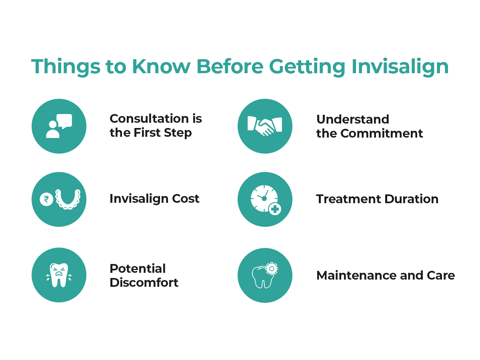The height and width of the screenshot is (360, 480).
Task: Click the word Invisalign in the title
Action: (x=400, y=67)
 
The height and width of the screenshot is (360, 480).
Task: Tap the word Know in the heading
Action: (x=161, y=66)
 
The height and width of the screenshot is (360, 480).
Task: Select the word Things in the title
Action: (x=66, y=67)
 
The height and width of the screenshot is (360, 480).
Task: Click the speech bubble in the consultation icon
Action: (x=64, y=121)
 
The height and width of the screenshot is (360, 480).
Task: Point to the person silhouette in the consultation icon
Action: (x=53, y=129)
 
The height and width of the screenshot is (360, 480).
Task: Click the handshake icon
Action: (x=265, y=126)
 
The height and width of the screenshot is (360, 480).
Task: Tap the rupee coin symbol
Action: (x=46, y=199)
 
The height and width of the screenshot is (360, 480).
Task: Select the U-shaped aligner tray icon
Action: (x=68, y=199)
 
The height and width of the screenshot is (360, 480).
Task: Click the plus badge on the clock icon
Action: (x=275, y=209)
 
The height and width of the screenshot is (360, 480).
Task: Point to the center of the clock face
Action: (x=264, y=198)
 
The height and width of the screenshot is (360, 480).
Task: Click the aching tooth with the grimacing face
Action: (x=59, y=275)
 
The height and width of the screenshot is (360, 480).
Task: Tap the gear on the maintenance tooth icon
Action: (x=272, y=268)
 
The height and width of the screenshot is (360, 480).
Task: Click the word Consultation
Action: (x=149, y=119)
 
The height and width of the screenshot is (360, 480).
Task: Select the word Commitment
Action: (x=382, y=133)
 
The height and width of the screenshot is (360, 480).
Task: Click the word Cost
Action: (x=186, y=199)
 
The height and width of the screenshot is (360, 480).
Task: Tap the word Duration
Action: (x=411, y=199)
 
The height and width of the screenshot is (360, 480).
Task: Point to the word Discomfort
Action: (x=144, y=282)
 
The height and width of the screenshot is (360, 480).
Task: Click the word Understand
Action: (x=352, y=119)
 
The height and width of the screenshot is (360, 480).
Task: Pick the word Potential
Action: (x=138, y=268)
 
